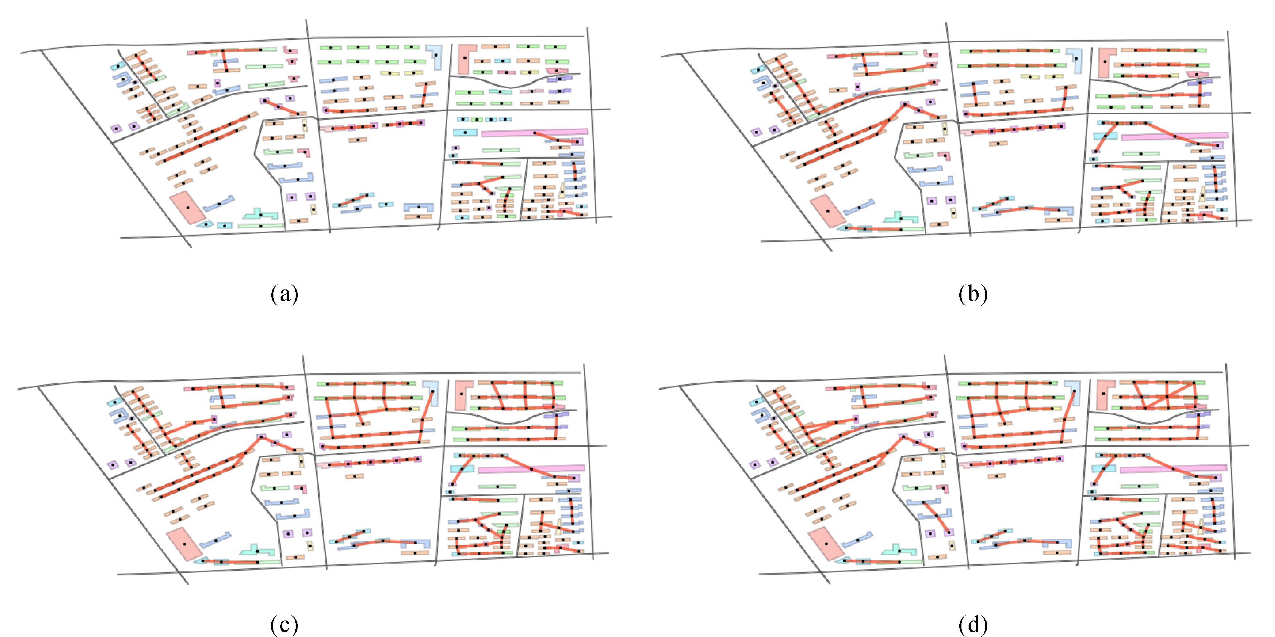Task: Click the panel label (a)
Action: (285, 294)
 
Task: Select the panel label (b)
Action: (973, 294)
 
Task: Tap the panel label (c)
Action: (285, 626)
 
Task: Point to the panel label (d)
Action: (973, 626)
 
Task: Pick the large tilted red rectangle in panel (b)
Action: (827, 211)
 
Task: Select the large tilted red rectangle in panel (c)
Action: (183, 544)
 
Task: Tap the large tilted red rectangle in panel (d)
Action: (825, 544)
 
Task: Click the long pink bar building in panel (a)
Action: (535, 133)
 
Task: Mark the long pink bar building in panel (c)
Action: (531, 468)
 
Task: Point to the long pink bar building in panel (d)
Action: (1173, 468)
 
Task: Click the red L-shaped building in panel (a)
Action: (465, 58)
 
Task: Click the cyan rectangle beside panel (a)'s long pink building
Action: (465, 133)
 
